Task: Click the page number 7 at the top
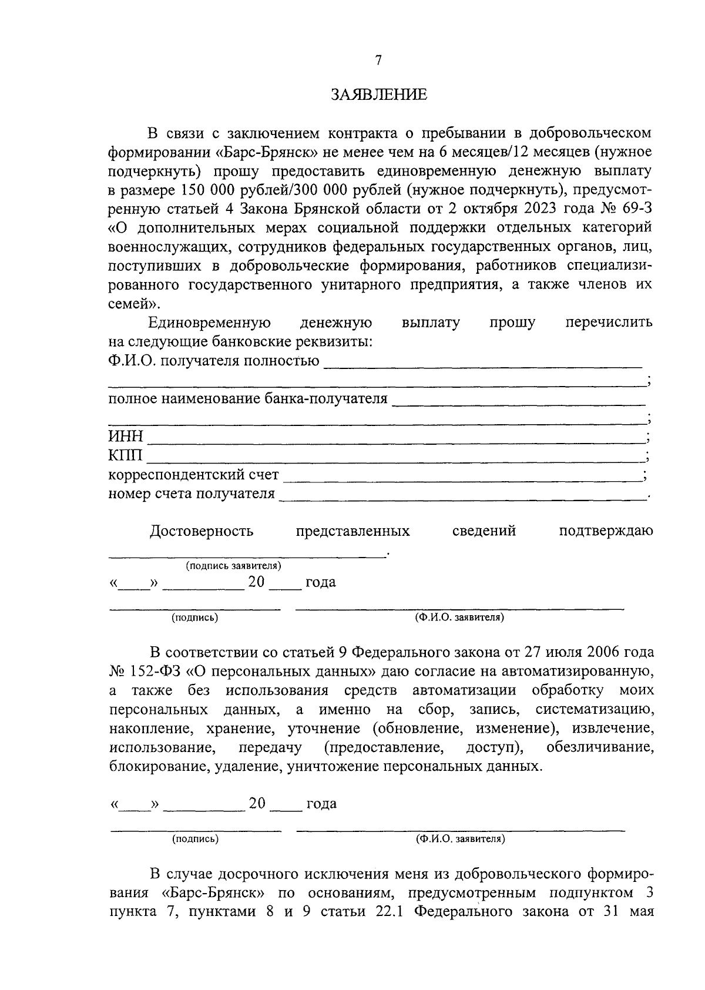point(378,60)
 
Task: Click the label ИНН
point(125,437)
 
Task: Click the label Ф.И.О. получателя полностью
point(214,361)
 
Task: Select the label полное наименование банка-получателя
point(248,399)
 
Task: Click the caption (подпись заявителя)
point(233,566)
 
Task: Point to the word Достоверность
point(202,531)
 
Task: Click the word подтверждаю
point(605,531)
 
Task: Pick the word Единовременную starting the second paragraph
point(210,323)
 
